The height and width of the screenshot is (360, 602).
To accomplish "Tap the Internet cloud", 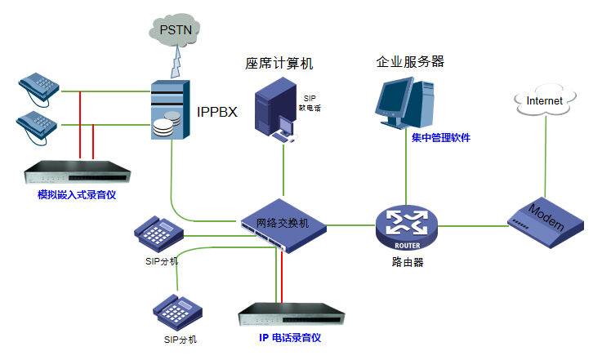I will coord(544,101).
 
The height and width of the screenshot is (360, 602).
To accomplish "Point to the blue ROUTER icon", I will coord(406,227).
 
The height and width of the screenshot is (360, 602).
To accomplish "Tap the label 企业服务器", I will coord(410,61).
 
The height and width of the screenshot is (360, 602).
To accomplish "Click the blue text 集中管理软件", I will coord(441,138).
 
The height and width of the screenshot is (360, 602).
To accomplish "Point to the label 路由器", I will coord(407,262).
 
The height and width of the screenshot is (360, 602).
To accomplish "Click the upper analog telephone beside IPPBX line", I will coord(39,84).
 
